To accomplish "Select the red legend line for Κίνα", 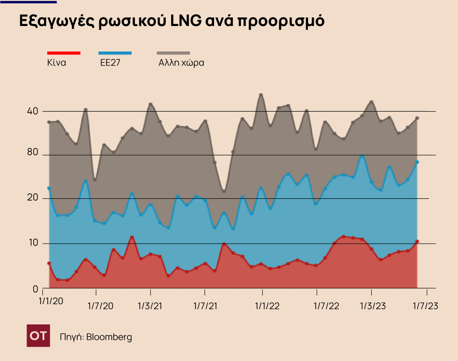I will [64, 53].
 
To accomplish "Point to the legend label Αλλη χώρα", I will [181, 63].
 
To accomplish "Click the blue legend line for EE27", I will [115, 53].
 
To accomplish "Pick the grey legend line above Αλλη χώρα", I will [174, 53].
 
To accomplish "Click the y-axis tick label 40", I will [33, 111].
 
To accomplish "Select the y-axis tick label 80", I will [33, 153].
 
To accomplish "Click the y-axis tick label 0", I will [35, 289].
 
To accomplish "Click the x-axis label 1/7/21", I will [205, 307].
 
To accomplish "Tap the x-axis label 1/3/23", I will [371, 307].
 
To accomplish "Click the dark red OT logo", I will [38, 335].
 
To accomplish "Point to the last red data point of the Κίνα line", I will [417, 242].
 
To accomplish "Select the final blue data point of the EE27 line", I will [417, 162].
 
